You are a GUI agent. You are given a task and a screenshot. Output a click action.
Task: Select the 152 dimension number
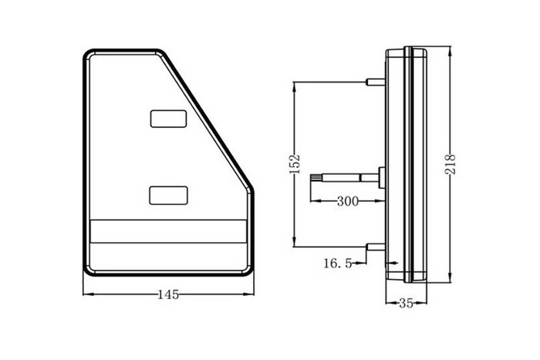coord(294,163)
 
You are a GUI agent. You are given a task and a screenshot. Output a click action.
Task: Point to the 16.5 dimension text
coord(338,264)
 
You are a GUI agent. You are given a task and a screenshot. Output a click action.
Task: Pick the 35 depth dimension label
coord(406,304)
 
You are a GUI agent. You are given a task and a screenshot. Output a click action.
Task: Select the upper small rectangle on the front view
coord(167,118)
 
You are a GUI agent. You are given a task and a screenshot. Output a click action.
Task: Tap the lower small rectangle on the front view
coord(167,194)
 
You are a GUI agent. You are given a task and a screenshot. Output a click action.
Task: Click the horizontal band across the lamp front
coord(167,233)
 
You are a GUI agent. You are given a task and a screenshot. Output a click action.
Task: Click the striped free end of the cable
coord(316,178)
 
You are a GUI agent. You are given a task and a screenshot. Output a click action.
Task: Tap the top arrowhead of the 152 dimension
coord(294,85)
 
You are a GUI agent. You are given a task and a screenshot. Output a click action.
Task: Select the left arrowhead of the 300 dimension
coord(313,201)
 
